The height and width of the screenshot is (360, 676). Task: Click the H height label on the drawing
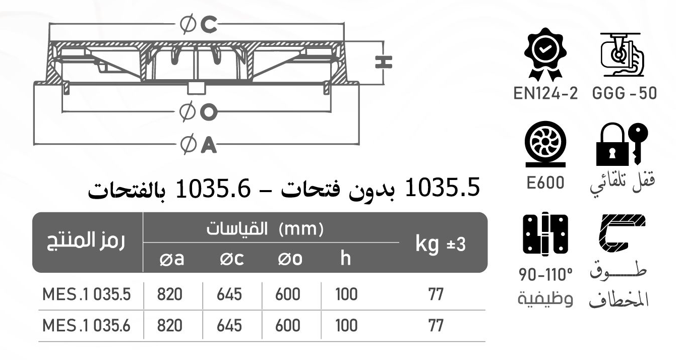coord(384,62)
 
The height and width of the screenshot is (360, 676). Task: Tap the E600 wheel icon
coord(544,146)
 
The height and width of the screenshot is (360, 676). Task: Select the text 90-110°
coord(545,276)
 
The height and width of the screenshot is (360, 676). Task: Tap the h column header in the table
coord(345,259)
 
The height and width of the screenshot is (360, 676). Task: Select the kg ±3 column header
coord(441,244)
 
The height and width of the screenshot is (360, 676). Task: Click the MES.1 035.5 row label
coord(87,294)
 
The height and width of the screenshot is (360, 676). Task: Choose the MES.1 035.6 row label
coord(87,326)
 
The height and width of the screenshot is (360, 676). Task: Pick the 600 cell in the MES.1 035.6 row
coord(288,326)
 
